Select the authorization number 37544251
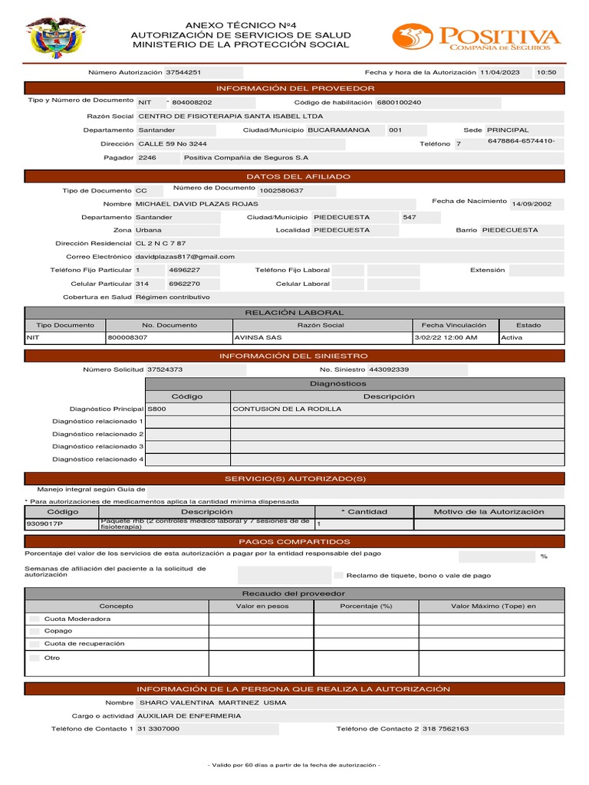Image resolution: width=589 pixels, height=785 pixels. coord(184,72)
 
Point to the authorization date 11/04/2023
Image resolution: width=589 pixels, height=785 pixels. coord(499,72)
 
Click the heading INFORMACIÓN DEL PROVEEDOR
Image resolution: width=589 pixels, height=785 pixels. coord(295,88)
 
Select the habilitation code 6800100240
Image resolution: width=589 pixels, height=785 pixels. coord(399,102)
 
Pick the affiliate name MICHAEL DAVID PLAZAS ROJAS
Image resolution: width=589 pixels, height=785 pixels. coord(196,204)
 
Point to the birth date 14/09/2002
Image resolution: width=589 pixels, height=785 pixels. coord(531,204)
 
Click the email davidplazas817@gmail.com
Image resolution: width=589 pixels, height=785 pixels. coord(185,257)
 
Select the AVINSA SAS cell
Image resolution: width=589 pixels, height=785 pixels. coord(257,337)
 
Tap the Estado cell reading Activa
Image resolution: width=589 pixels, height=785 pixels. coord(512,337)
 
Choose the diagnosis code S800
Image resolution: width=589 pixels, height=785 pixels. coord(156,409)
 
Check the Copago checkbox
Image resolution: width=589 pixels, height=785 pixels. coord(34,631)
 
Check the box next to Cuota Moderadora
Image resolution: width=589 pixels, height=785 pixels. coord(34,619)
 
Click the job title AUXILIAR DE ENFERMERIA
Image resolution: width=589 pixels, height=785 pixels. coord(189,715)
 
